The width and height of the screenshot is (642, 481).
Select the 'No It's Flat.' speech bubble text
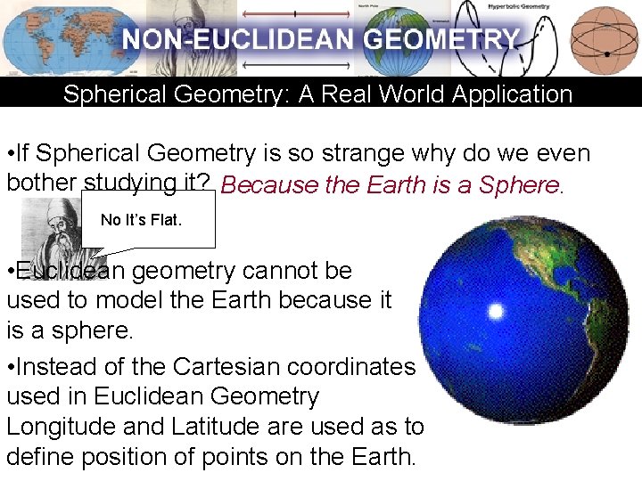tap(141, 219)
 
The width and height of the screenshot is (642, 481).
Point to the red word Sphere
tap(520, 185)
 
